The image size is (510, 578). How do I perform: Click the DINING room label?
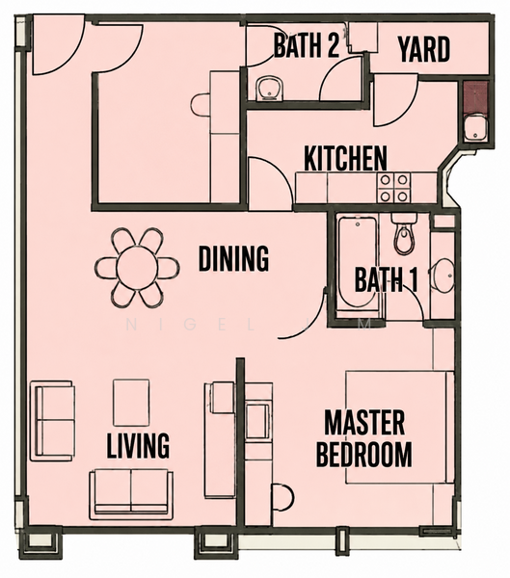233,259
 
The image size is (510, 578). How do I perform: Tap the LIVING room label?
138,445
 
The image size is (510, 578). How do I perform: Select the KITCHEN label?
345,159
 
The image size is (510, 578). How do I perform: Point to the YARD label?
424,49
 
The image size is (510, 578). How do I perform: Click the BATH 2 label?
306,45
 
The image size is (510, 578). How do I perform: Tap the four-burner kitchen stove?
393,188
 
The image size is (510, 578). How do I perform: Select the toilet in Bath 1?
405,233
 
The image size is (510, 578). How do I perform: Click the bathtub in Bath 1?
358,267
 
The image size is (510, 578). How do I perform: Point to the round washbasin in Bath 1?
443,276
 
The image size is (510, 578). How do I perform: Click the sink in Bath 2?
269,89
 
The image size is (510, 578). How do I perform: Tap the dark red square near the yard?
475,97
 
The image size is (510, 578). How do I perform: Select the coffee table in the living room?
131,403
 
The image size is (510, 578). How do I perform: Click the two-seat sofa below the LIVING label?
131,494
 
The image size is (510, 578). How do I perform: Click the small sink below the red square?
475,127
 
